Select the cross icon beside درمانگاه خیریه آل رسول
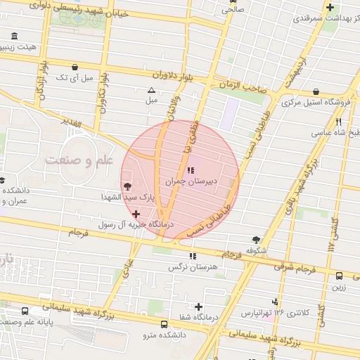(136, 213)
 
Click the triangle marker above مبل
(150, 90)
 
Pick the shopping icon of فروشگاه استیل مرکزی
(316, 91)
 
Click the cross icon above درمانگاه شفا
(199, 307)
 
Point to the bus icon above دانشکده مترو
(164, 324)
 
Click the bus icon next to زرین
(339, 276)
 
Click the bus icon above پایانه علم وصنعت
(25, 310)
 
